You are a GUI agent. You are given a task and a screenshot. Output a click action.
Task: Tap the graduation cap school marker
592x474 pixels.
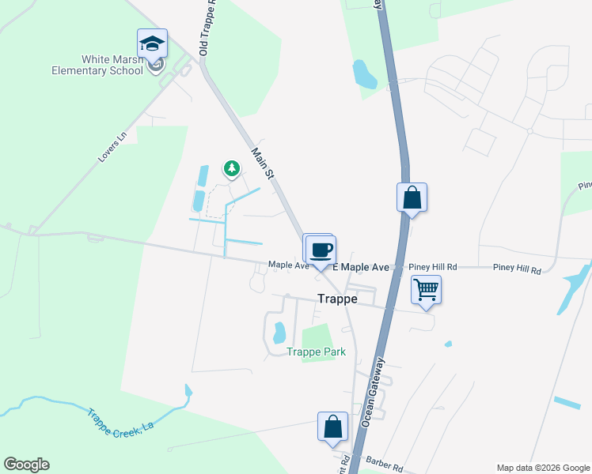click(152, 43)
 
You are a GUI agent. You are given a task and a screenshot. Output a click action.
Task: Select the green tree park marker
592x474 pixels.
click(231, 168)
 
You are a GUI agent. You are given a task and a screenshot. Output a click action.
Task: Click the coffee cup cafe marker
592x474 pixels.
click(321, 250)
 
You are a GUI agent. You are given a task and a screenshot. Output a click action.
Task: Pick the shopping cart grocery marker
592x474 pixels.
click(426, 290)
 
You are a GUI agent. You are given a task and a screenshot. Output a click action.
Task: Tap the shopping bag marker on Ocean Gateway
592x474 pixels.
click(412, 197)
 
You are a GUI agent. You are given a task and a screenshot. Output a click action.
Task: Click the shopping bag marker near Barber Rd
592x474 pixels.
click(333, 427)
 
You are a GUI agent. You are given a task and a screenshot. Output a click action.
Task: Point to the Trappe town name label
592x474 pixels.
click(338, 299)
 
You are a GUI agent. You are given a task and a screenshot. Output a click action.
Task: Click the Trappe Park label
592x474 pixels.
click(317, 352)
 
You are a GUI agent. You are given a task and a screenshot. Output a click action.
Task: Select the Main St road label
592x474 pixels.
click(262, 162)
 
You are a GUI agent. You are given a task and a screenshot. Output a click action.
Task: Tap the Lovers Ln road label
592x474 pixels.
click(112, 147)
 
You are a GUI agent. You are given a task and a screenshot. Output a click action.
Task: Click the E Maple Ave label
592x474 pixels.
click(361, 268)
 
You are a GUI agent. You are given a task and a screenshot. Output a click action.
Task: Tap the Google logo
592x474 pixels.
click(26, 465)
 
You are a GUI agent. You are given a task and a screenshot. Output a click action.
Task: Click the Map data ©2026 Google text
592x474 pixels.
click(542, 468)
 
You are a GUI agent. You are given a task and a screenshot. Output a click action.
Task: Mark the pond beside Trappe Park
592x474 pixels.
click(279, 333)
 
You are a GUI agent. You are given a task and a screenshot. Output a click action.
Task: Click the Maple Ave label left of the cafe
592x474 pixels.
click(287, 265)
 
